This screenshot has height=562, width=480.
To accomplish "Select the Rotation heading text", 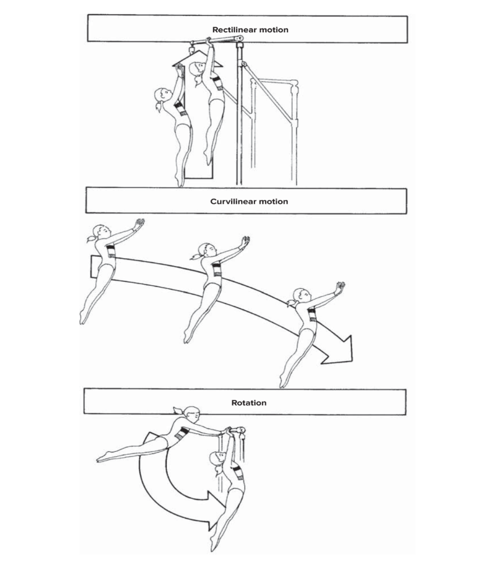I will tap(249, 403).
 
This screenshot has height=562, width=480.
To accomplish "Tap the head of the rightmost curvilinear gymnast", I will tap(302, 296).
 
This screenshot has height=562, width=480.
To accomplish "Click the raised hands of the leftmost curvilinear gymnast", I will tap(139, 223).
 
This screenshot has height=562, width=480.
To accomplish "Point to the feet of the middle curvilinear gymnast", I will tap(186, 337).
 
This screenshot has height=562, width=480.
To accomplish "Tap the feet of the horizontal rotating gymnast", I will tap(101, 459).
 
